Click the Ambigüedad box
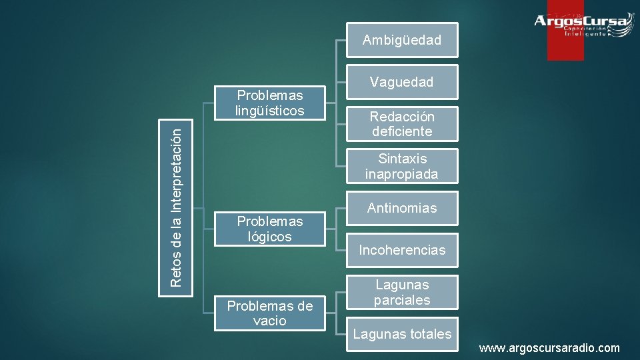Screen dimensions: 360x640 tap(402, 40)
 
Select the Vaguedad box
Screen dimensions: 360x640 tap(402, 82)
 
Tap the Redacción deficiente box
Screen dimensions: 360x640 tap(402, 123)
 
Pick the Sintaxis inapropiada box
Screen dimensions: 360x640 tap(402, 166)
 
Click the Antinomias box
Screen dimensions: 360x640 tap(402, 208)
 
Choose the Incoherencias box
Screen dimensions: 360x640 tap(402, 250)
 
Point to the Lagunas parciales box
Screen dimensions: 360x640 tap(402, 292)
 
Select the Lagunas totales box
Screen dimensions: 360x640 tap(402, 334)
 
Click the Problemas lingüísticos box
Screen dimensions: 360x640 tap(269, 103)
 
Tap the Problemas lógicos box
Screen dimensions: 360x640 tap(269, 229)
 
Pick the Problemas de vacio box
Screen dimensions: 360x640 tap(269, 313)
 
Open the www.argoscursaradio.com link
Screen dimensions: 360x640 tap(549, 348)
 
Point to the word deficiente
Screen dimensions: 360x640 tap(402, 131)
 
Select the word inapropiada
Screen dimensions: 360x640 tap(402, 174)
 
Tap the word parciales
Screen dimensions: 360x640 tap(402, 300)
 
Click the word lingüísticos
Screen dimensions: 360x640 tap(269, 111)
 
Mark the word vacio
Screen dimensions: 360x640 tap(269, 321)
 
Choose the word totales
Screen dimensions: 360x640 tap(427, 334)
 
